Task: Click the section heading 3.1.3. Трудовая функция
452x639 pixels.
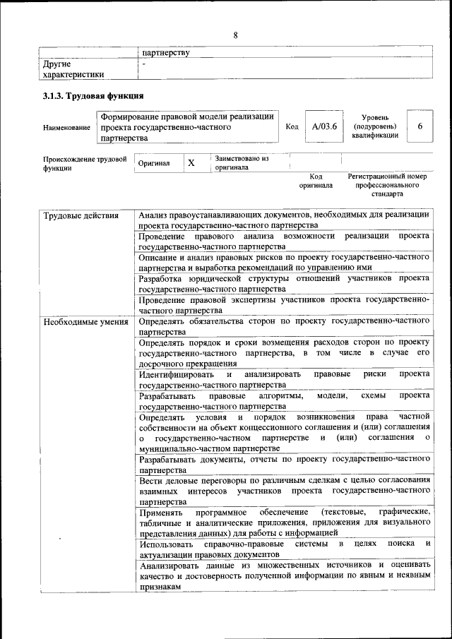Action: [93, 96]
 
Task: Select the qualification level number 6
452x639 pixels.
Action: [420, 126]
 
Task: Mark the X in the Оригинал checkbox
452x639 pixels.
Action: [191, 162]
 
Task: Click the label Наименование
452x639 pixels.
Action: [66, 127]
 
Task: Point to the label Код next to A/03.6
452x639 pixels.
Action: [292, 126]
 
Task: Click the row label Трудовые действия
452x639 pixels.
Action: [81, 215]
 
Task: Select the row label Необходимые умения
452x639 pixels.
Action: [85, 323]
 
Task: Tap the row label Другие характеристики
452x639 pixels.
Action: [73, 68]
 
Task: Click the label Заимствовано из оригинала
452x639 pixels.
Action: [242, 163]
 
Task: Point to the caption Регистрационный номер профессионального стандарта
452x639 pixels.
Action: [387, 184]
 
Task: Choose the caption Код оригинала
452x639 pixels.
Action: [316, 181]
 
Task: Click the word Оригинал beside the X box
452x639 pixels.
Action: [154, 163]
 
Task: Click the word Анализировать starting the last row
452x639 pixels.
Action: [174, 565]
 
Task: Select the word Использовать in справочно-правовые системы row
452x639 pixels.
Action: [167, 544]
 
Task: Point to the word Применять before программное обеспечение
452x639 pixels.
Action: [162, 511]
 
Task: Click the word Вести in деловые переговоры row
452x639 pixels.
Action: [150, 481]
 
